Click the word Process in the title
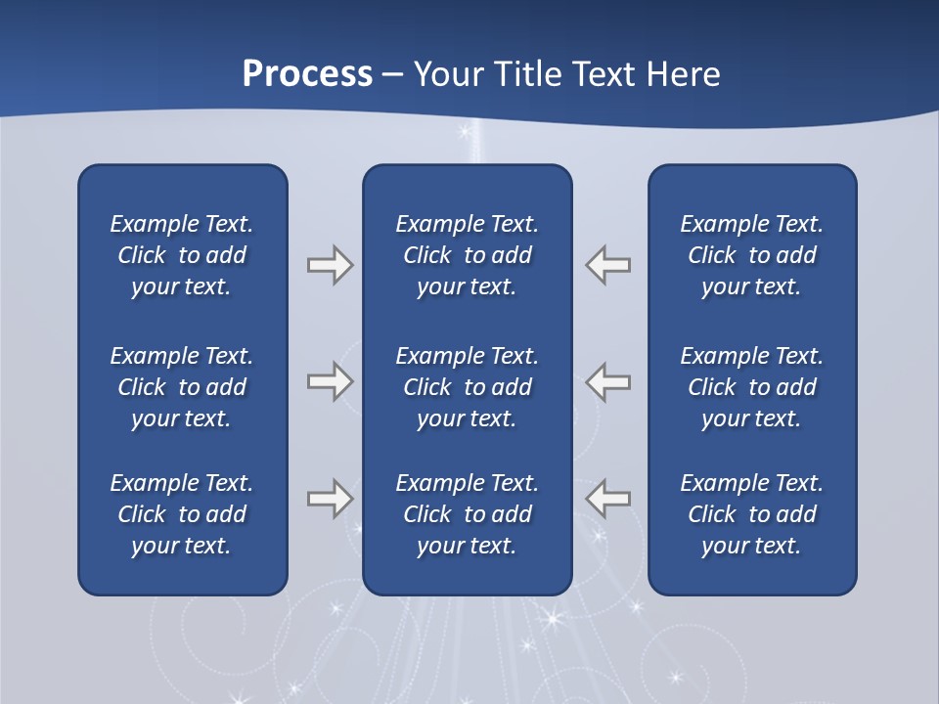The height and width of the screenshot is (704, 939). coord(307,74)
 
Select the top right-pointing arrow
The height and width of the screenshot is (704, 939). coord(330,265)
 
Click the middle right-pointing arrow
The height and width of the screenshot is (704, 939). coord(330,381)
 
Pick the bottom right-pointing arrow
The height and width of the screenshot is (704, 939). coord(330,499)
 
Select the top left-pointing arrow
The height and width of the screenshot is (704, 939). coord(608,265)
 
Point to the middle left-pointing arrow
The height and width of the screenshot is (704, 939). coord(608,381)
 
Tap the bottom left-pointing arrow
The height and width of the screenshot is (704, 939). coord(608,499)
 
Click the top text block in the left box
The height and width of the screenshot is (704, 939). coord(182,255)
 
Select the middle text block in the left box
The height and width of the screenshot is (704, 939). coord(182,387)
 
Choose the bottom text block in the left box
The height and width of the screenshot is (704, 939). coord(182,514)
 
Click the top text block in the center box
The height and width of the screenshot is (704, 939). coord(468,255)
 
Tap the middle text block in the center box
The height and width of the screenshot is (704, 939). coord(468,387)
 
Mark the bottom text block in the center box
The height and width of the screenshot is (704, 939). coord(468,514)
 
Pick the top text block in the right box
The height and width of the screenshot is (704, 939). coord(752,255)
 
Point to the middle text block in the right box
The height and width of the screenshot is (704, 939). coord(752,387)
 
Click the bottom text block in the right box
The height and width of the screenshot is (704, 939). coord(752,514)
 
